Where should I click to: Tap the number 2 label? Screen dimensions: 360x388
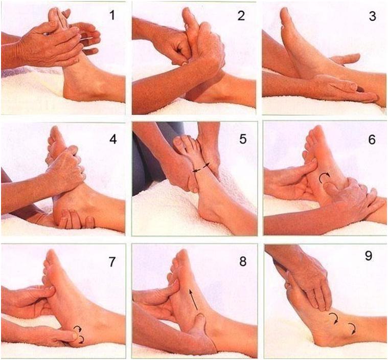(242, 16)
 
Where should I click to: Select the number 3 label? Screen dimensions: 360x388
(372, 16)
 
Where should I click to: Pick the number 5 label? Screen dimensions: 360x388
(242, 138)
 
